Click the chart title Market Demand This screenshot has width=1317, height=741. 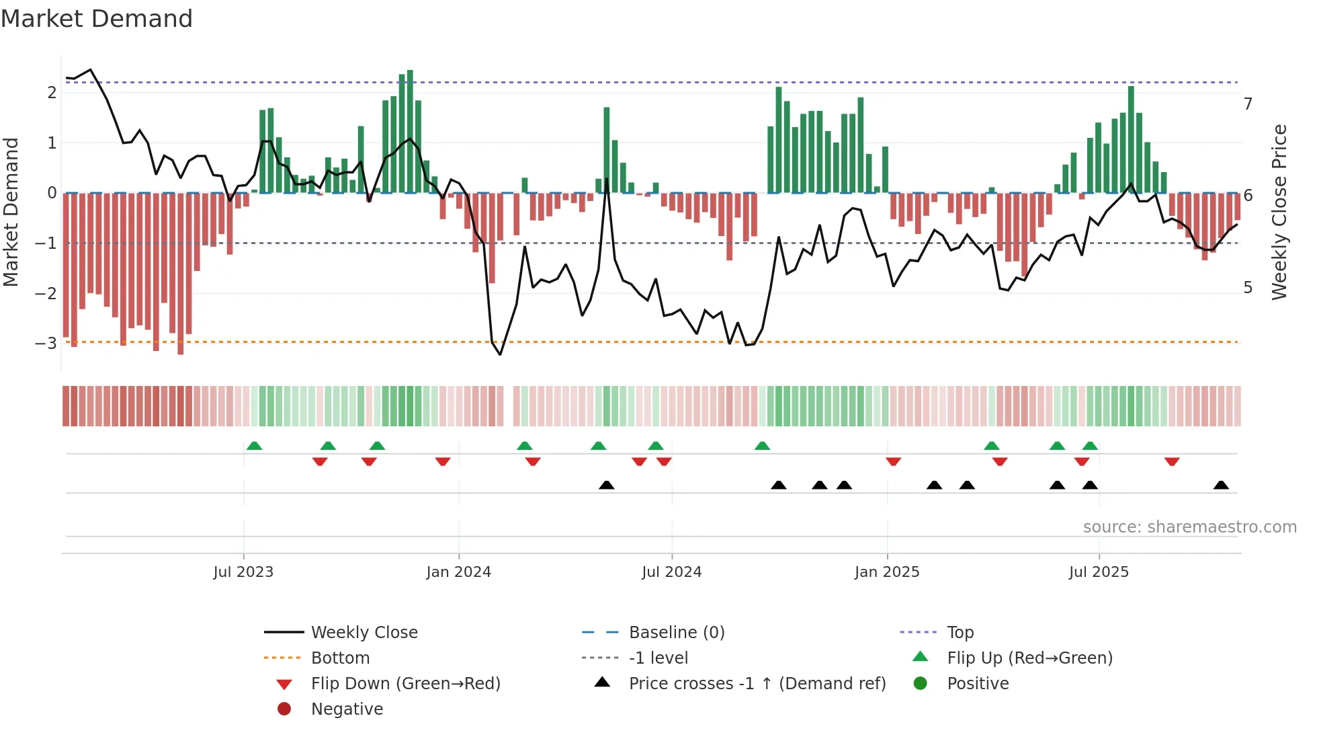click(97, 19)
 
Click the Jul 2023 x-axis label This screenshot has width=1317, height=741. click(243, 572)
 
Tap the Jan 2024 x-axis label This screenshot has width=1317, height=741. click(458, 572)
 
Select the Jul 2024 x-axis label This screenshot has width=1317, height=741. click(671, 572)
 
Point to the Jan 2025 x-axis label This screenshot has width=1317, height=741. click(887, 572)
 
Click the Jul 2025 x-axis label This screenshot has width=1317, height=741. click(1099, 572)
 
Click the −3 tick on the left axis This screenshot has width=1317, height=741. click(46, 344)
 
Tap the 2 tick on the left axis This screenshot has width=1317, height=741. click(52, 93)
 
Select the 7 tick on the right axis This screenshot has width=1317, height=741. click(1248, 104)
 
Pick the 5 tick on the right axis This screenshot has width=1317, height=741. click(1248, 288)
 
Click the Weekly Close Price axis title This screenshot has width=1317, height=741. click(1279, 212)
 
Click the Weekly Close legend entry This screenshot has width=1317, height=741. click(364, 633)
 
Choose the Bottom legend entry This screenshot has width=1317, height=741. click(340, 658)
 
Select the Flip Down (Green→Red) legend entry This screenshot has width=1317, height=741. click(405, 684)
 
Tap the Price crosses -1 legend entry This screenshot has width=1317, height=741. click(757, 684)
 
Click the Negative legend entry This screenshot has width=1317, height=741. click(347, 709)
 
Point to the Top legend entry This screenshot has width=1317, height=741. click(960, 633)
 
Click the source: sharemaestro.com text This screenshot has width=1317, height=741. click(1189, 527)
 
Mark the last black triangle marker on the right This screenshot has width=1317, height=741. click(1221, 485)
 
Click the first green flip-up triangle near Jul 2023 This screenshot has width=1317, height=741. click(254, 446)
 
